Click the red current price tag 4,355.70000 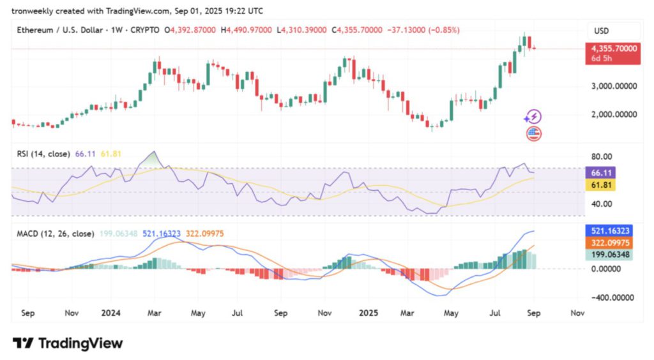tap(613, 49)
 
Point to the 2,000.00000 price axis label tap(614, 115)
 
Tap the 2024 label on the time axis tap(111, 313)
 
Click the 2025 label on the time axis tap(368, 313)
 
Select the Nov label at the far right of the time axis tap(577, 313)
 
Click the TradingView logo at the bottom tap(68, 343)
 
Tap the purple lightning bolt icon tap(533, 117)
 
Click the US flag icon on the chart tap(533, 133)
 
